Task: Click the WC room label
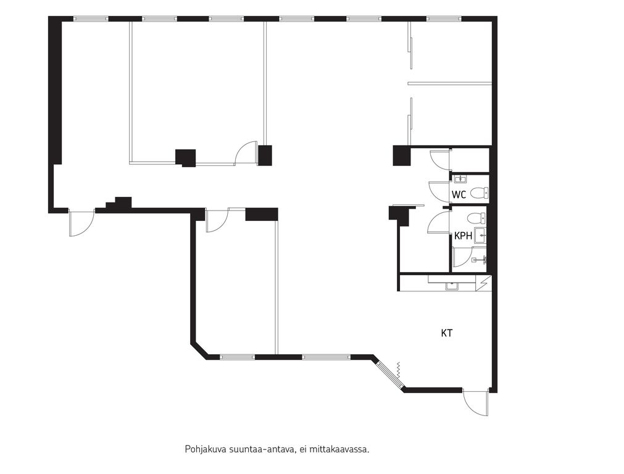(x=459, y=195)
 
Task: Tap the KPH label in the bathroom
(x=464, y=236)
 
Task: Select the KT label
(x=447, y=333)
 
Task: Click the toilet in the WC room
(x=479, y=193)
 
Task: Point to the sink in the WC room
(x=461, y=179)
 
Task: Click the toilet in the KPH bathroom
(x=476, y=218)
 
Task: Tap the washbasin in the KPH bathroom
(x=481, y=235)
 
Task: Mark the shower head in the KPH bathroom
(x=480, y=260)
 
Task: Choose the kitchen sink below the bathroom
(x=451, y=286)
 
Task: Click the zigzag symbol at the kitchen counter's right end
(x=484, y=282)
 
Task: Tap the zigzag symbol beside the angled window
(x=398, y=371)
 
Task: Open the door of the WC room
(x=439, y=190)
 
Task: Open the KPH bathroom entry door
(x=439, y=222)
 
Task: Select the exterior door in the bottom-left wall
(x=81, y=222)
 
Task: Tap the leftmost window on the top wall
(x=91, y=19)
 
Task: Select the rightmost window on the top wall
(x=444, y=19)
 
